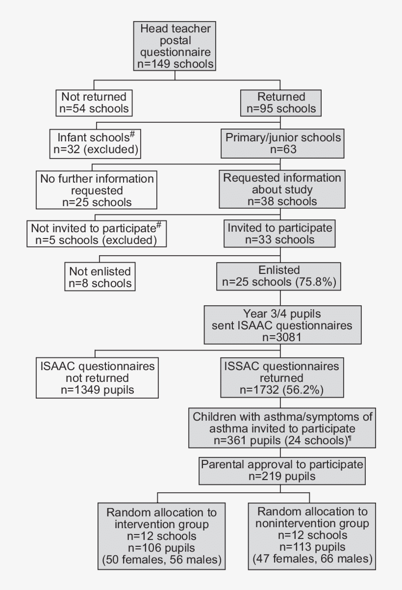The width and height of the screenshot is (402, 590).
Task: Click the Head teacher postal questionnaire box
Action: (175, 46)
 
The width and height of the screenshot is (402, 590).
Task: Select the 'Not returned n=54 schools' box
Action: (94, 103)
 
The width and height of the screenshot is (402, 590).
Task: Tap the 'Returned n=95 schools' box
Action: (281, 103)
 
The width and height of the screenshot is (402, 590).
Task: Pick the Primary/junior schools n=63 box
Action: (283, 143)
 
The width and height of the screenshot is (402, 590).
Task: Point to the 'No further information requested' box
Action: (97, 190)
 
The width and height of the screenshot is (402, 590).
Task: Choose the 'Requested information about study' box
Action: (282, 189)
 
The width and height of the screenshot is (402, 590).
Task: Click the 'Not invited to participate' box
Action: (97, 234)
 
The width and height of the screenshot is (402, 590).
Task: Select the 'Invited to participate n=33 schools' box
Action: (280, 234)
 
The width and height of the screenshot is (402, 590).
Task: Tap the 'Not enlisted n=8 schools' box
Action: (100, 277)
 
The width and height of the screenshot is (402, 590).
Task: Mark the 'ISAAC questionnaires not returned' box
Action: (97, 378)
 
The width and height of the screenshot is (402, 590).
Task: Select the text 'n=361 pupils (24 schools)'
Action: (280, 440)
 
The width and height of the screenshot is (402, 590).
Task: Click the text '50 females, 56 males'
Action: (162, 560)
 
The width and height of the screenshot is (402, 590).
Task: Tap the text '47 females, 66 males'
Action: (312, 559)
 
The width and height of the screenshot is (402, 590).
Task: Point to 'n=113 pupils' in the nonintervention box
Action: (312, 547)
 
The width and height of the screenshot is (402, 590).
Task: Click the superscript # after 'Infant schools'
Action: (132, 134)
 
